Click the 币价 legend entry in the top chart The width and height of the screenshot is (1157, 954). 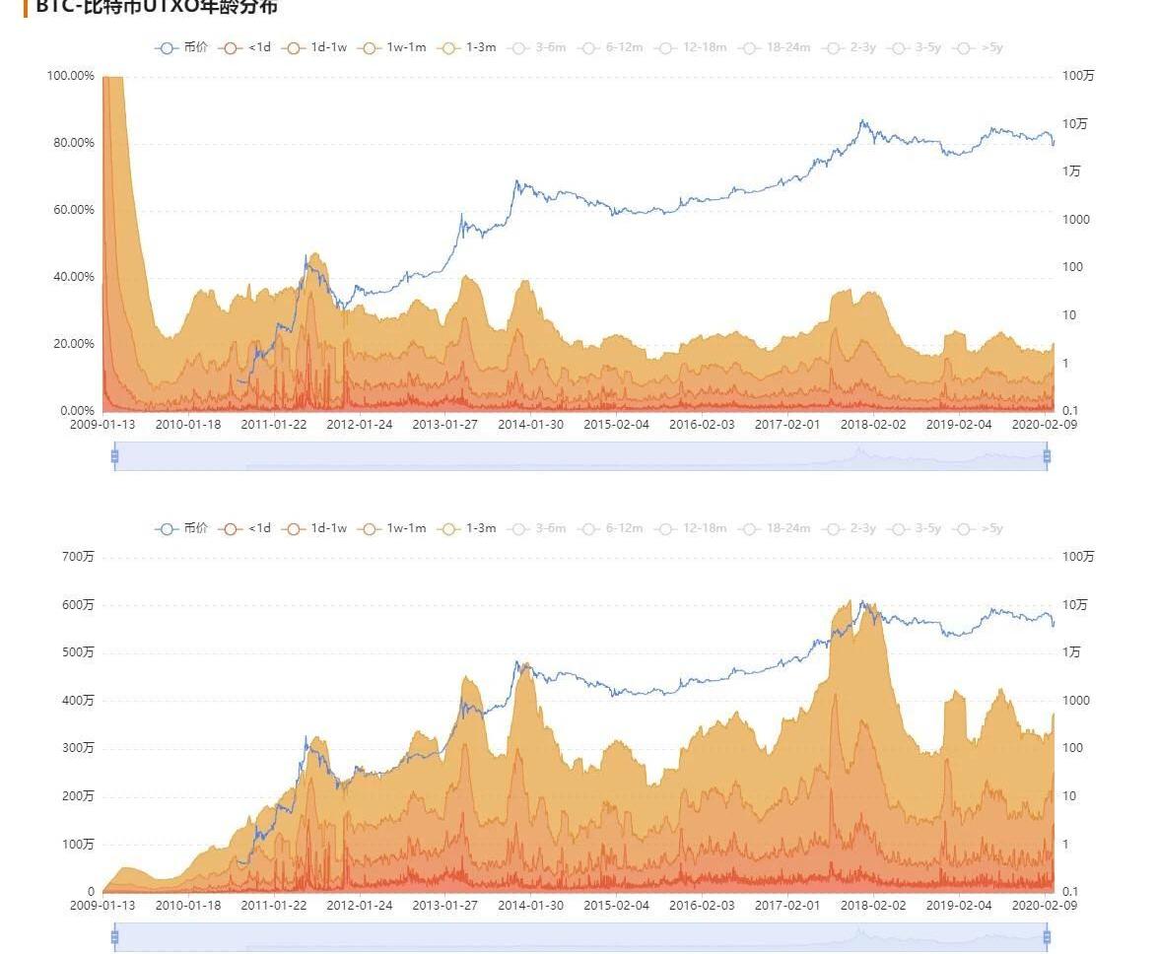[182, 47]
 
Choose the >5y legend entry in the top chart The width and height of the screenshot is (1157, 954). [981, 47]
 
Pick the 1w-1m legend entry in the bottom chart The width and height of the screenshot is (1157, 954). [394, 528]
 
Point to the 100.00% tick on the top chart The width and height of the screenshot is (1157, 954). [70, 76]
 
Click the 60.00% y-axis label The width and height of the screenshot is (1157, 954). [70, 210]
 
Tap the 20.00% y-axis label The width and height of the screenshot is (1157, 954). [70, 344]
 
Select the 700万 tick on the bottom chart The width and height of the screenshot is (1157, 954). [79, 557]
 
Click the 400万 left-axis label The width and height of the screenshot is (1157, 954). [79, 701]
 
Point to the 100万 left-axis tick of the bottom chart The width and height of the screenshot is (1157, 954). [79, 845]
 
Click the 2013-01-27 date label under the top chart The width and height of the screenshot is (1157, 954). [444, 425]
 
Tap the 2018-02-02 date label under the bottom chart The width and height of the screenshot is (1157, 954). [872, 906]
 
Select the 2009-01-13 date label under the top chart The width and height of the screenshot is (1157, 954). [102, 425]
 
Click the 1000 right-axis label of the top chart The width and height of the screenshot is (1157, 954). [1076, 220]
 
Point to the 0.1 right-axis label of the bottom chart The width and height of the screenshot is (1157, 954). [1073, 892]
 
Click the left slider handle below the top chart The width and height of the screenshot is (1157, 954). [114, 455]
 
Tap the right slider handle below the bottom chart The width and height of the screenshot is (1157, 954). [1047, 936]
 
